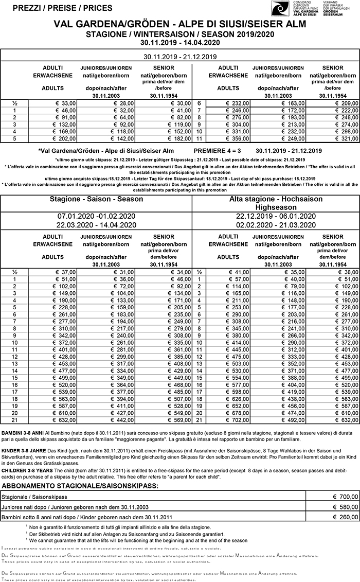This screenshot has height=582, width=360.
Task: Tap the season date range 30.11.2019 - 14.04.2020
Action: (x=179, y=42)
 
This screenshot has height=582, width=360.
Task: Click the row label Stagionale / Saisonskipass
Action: (x=34, y=497)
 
